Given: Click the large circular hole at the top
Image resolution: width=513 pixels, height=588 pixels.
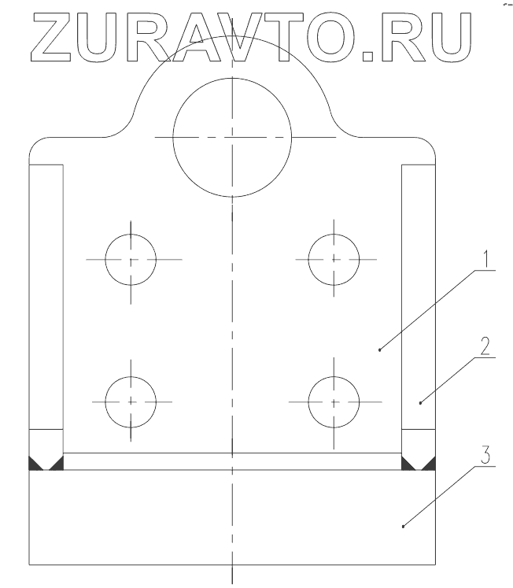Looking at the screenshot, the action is click(233, 136).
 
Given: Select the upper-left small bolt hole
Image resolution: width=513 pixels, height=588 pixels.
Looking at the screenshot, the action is click(131, 259).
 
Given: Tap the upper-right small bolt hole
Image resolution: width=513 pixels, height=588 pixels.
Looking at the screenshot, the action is click(334, 259).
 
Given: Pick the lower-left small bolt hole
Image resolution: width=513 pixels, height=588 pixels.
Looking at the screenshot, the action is click(131, 401).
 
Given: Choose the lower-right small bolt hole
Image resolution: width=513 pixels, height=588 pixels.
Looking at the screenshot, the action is click(334, 401).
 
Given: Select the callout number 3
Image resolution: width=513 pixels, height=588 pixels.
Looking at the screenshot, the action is click(487, 455).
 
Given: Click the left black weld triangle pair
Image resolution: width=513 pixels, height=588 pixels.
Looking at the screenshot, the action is click(46, 464).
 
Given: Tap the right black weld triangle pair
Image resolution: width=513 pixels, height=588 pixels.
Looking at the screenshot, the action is click(419, 464).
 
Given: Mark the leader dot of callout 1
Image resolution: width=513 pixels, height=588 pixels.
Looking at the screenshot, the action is click(380, 349).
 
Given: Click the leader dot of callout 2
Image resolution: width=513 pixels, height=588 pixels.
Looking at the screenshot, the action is click(420, 402).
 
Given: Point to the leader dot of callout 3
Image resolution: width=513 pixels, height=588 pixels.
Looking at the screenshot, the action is click(403, 526).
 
